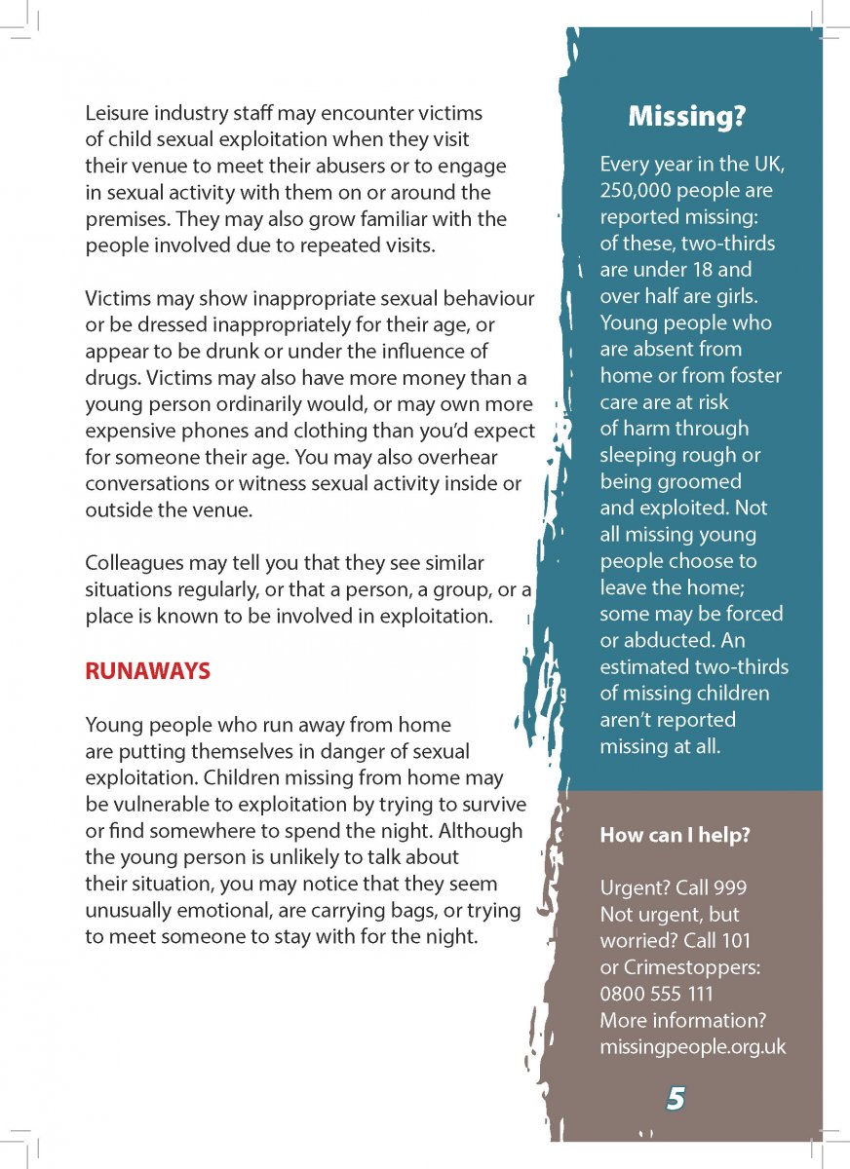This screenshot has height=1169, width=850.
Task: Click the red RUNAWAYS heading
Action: (147, 671)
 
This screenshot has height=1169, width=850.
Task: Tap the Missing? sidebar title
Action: (686, 117)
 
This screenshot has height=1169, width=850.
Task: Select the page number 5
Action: (676, 1099)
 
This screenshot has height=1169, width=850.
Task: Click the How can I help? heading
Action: (675, 835)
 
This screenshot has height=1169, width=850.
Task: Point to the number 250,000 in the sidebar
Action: (637, 190)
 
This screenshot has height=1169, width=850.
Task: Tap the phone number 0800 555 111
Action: (656, 994)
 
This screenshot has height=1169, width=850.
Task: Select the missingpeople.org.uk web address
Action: (692, 1047)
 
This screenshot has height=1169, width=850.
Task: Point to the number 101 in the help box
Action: (734, 941)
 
